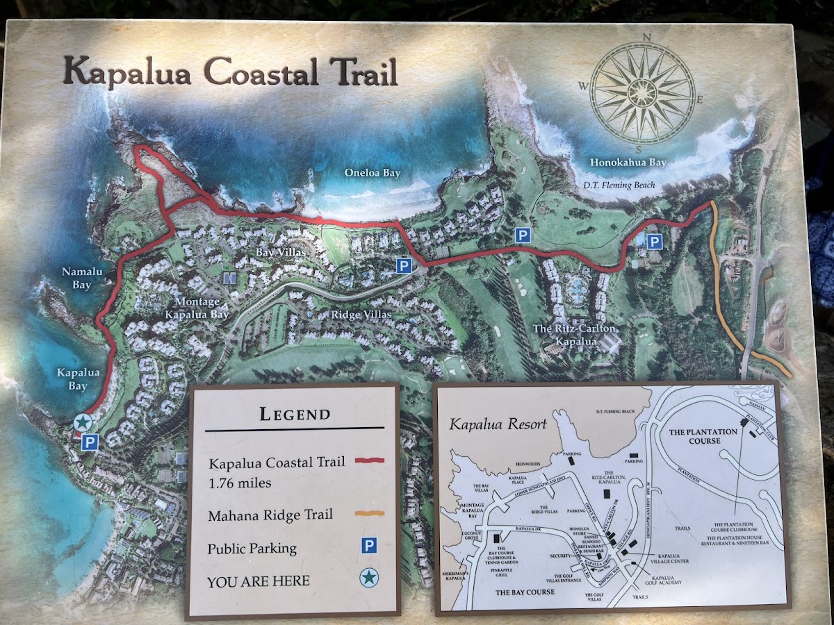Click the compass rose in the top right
[641, 92]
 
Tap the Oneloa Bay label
[373, 173]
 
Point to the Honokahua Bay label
[628, 162]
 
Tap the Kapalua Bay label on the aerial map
[78, 379]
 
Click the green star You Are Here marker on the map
[83, 422]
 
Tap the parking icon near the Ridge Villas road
[404, 265]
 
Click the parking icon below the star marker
[88, 442]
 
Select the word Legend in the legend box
[295, 415]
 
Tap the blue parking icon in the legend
[369, 546]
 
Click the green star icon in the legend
[369, 576]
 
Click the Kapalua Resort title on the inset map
[498, 424]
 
